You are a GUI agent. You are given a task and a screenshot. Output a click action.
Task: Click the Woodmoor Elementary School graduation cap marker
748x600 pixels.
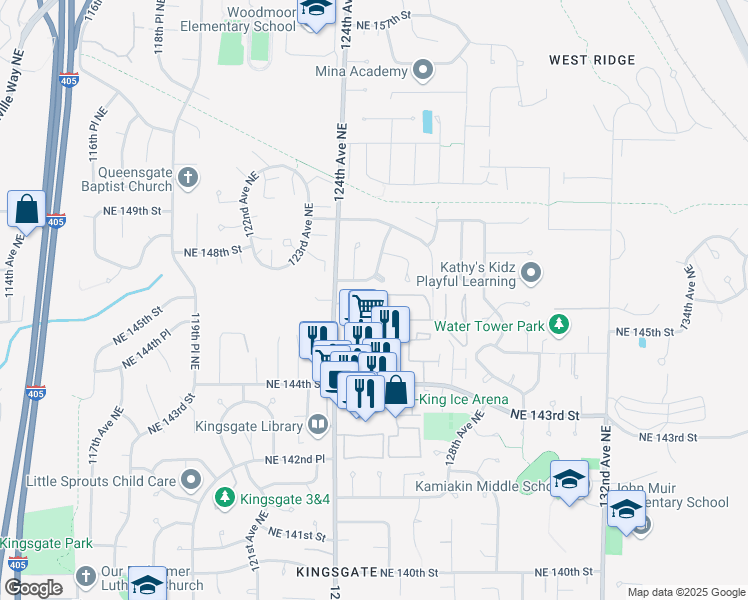(316, 9)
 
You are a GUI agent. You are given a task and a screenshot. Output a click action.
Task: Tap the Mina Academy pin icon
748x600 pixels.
(423, 71)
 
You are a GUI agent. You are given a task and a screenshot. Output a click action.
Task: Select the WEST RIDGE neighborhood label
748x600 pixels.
(592, 60)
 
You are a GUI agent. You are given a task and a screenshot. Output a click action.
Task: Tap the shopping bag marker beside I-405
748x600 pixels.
(26, 210)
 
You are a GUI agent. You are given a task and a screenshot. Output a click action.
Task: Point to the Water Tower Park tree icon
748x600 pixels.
(560, 325)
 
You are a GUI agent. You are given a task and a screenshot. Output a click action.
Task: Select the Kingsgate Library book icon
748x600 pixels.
(317, 426)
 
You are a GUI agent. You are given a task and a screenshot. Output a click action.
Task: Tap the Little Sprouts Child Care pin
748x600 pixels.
(191, 481)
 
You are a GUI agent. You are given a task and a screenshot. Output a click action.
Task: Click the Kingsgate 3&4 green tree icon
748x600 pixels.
(226, 496)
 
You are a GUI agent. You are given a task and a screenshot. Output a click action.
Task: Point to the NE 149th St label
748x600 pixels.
(132, 211)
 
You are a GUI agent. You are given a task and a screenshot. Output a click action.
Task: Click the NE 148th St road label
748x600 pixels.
(207, 252)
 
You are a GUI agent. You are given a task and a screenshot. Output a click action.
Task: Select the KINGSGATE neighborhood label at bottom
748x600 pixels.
(337, 572)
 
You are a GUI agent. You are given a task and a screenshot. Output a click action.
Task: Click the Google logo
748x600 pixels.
(33, 588)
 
